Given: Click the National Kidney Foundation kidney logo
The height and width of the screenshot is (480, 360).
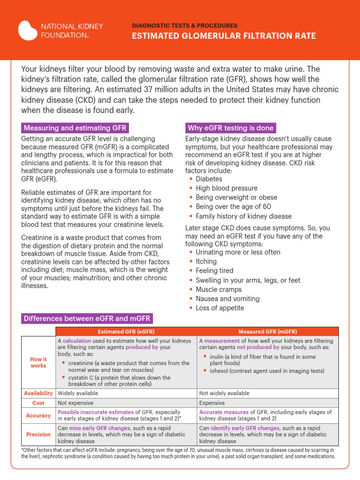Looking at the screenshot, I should (x=28, y=30).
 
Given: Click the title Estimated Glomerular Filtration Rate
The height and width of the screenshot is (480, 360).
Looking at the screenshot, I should (x=225, y=36).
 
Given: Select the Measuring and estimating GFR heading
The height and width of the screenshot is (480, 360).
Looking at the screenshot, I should (x=75, y=128).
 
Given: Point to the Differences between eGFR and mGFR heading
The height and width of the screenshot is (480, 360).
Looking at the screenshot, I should (x=87, y=319).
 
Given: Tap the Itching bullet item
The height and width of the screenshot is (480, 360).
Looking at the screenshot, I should (x=206, y=261).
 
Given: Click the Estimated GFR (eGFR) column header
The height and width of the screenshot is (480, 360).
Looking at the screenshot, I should (x=126, y=332).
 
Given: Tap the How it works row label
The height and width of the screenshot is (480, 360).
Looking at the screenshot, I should (x=38, y=362).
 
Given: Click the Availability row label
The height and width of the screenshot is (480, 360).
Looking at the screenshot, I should (x=38, y=393).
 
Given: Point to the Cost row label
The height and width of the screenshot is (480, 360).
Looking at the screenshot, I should (x=38, y=403).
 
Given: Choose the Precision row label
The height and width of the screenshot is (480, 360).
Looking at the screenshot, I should (x=38, y=435).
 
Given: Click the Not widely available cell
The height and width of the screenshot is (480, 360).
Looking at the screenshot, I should (x=224, y=393).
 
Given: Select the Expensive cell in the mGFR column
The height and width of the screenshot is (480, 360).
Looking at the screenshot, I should (x=212, y=403).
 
